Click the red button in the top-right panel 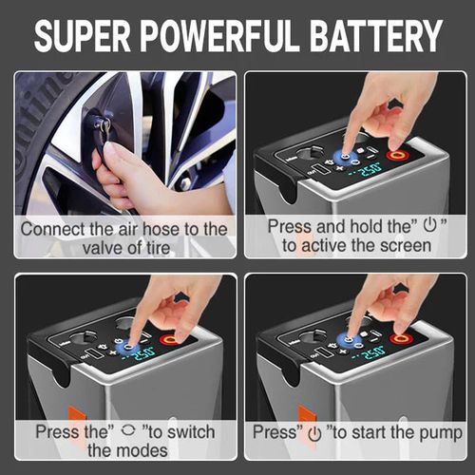tap(396, 154)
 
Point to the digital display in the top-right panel tap(366, 169)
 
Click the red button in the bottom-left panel tap(170, 339)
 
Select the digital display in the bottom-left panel tap(141, 353)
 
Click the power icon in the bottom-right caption tap(314, 433)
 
